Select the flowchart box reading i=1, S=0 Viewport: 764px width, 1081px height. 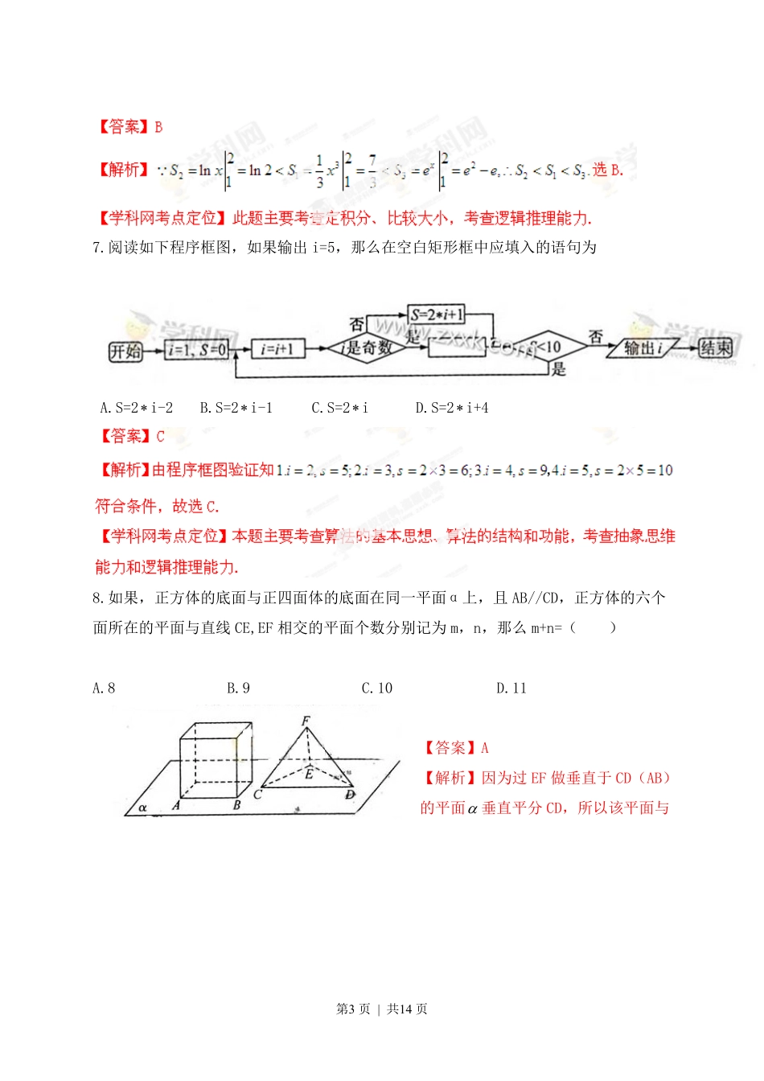(197, 349)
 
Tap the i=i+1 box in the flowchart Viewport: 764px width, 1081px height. (277, 349)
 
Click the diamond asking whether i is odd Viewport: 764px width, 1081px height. (365, 348)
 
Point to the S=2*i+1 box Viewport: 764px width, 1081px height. (437, 314)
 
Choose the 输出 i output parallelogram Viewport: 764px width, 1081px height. (644, 348)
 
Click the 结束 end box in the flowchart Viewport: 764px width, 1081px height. (715, 348)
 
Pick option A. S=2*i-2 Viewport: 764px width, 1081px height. (136, 408)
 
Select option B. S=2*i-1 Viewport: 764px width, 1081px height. (236, 408)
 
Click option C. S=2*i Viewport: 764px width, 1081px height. (339, 408)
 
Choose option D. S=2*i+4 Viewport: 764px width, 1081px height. (451, 408)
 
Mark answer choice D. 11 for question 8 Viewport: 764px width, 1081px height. (511, 688)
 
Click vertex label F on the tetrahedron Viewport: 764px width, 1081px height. (306, 721)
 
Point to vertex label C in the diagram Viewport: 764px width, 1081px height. (257, 795)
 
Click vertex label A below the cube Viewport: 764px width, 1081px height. (176, 804)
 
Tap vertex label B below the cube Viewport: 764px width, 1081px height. (236, 804)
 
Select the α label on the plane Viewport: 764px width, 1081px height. (142, 807)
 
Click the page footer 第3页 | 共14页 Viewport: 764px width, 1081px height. (381, 1009)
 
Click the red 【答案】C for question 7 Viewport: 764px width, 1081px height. (130, 437)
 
